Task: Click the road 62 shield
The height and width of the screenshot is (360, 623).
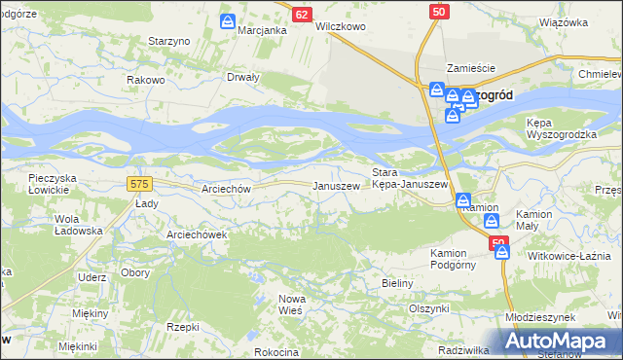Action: (302, 15)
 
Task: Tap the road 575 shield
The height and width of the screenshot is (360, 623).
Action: (138, 183)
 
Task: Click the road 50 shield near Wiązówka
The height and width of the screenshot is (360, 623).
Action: (440, 10)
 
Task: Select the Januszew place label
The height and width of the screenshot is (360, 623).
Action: (335, 186)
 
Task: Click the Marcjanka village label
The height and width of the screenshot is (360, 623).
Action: (262, 30)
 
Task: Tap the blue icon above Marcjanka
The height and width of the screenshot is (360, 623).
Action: (228, 21)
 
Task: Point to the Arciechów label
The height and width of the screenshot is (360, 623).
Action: (225, 189)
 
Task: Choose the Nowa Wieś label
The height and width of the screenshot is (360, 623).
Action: (292, 303)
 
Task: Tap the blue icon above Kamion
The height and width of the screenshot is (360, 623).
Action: (464, 200)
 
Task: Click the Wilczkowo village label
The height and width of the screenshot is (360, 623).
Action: (341, 27)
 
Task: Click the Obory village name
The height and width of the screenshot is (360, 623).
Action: (134, 272)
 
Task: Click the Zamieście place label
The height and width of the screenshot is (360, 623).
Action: (471, 68)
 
